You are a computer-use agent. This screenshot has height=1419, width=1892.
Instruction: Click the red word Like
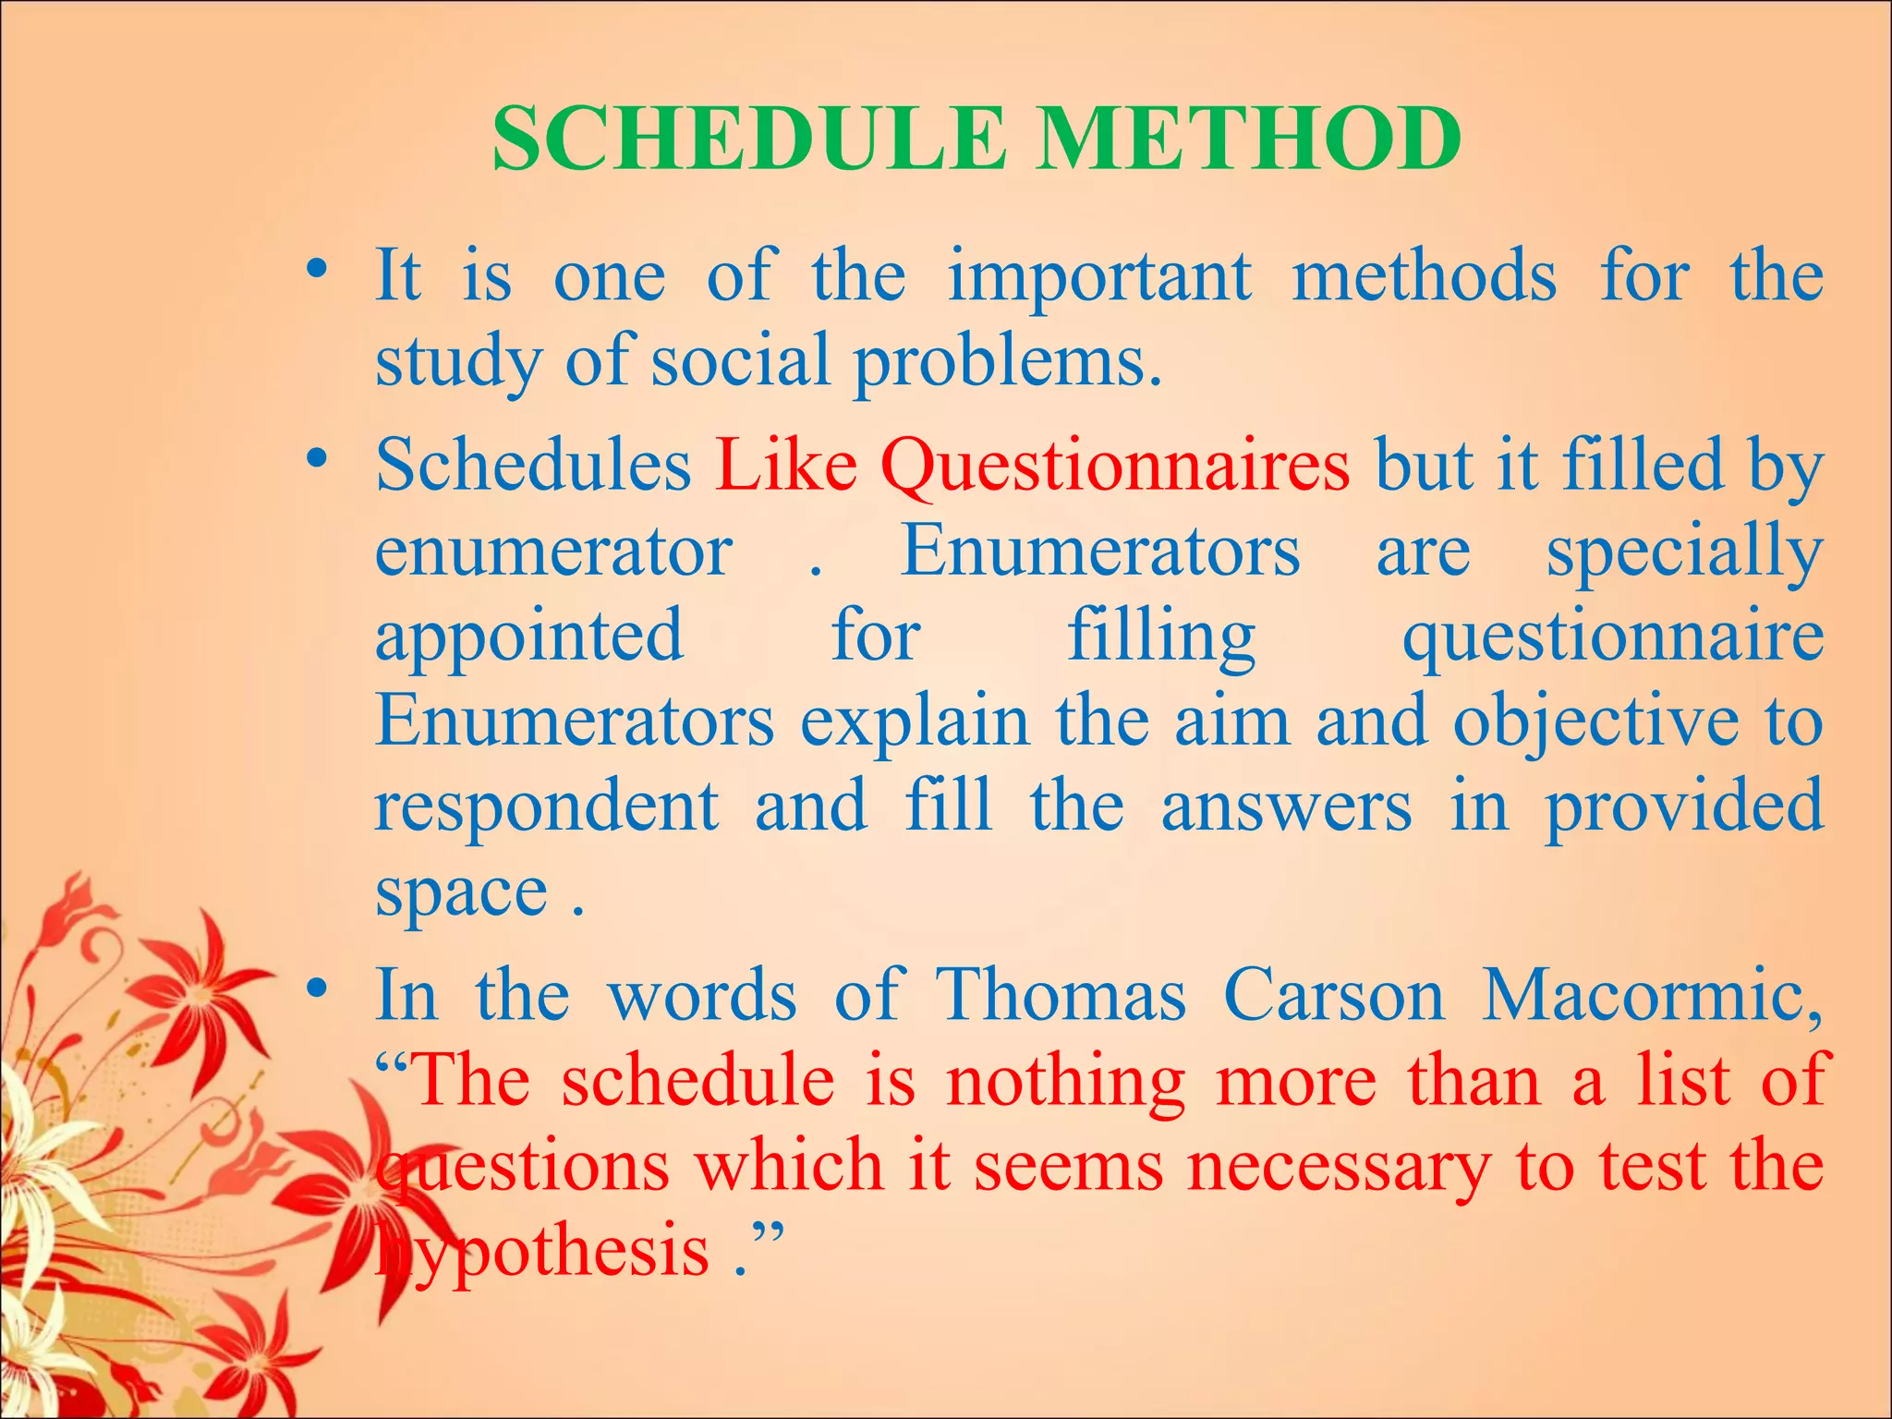pyautogui.click(x=786, y=465)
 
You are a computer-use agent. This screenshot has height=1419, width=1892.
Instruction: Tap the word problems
pyautogui.click(x=1006, y=363)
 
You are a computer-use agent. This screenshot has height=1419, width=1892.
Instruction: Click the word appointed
pyautogui.click(x=529, y=637)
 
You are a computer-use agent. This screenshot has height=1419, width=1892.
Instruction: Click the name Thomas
pyautogui.click(x=1061, y=996)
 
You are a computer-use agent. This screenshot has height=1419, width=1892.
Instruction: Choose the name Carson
pyautogui.click(x=1334, y=996)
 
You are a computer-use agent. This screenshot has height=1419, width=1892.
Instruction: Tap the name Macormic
pyautogui.click(x=1650, y=996)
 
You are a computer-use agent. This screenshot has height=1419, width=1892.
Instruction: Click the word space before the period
pyautogui.click(x=461, y=894)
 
